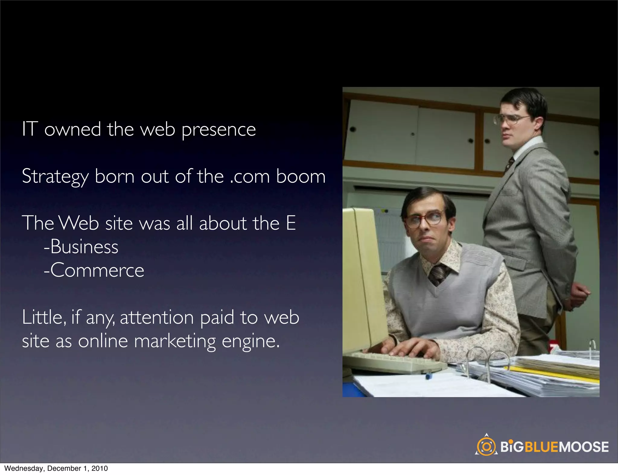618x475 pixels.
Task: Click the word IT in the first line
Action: (30, 129)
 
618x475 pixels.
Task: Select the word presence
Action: (219, 130)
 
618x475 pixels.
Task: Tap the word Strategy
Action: (55, 177)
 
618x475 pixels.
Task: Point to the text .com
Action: (250, 177)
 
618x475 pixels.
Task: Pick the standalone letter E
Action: (291, 223)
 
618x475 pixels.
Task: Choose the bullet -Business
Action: (81, 247)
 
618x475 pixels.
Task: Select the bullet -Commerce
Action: (94, 270)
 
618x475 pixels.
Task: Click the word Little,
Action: (44, 317)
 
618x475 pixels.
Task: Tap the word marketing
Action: (175, 341)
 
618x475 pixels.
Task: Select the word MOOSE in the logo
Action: (584, 447)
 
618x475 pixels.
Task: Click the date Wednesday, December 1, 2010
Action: (56, 468)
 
